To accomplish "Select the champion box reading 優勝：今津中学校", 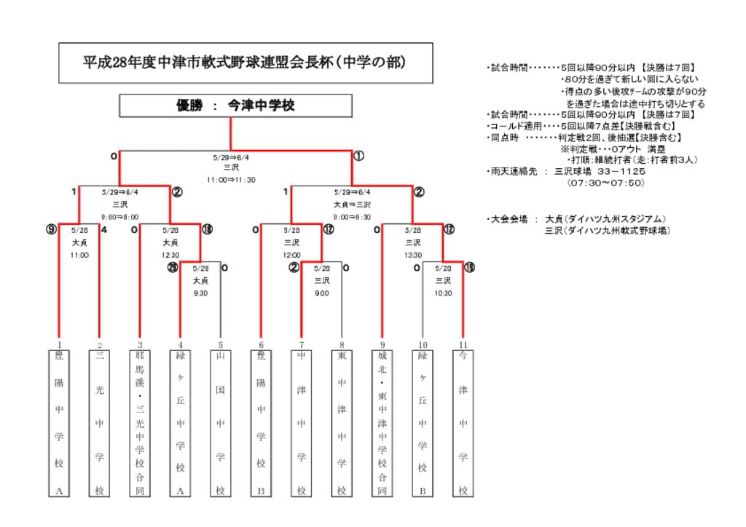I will (x=230, y=106).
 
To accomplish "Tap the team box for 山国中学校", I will (x=220, y=422).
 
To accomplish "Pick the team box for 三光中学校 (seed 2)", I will (x=100, y=422).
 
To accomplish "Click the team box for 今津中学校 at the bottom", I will (x=463, y=422).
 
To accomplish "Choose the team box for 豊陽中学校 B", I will (x=261, y=422).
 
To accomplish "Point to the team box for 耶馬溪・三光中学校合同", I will (x=140, y=422).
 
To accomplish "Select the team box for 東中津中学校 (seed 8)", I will (x=342, y=422).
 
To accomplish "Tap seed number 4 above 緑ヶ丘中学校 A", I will (x=180, y=344).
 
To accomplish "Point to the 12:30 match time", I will (x=170, y=255).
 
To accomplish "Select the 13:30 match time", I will (x=413, y=255).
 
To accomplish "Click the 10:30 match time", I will (x=443, y=293).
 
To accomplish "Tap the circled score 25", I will (x=173, y=268).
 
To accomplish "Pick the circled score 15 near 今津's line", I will (x=470, y=268).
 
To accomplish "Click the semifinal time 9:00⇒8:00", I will (x=120, y=217).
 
